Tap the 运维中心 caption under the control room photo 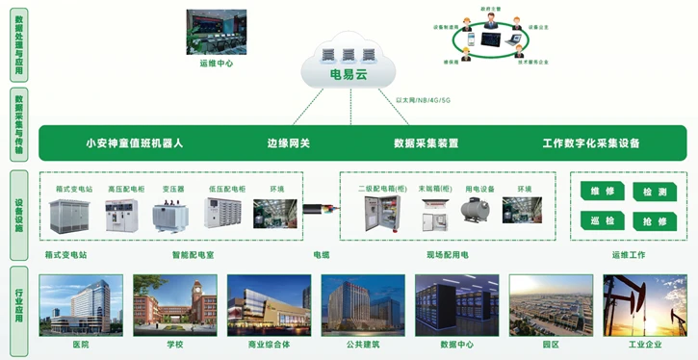216,63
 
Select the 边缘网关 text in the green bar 289,143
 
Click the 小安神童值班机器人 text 134,143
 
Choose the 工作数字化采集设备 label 590,143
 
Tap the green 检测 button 654,193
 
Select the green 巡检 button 603,220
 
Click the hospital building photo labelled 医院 80,304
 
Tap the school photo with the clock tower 174,304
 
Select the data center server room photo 456,304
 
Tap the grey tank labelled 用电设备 478,213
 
